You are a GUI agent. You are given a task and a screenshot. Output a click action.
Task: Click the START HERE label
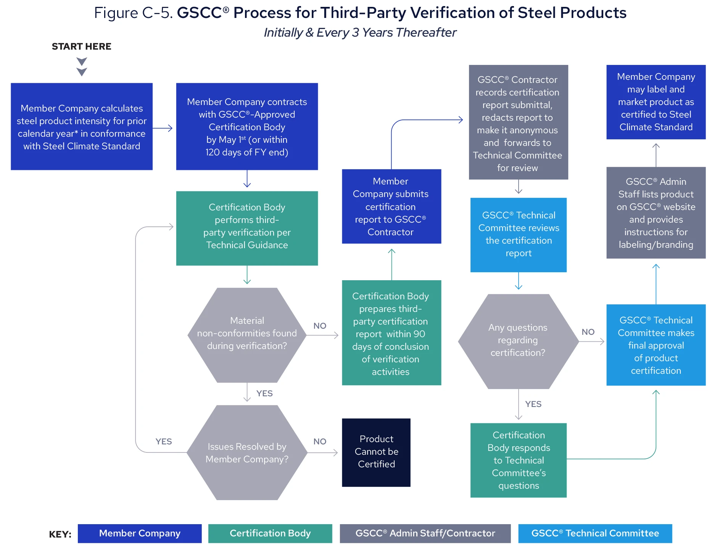click(x=81, y=47)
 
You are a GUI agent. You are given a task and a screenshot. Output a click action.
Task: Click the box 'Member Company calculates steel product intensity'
click(x=82, y=127)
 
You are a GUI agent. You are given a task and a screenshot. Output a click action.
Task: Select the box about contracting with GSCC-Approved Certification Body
click(x=247, y=127)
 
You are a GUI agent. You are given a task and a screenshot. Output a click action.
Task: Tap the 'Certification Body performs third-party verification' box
click(x=247, y=228)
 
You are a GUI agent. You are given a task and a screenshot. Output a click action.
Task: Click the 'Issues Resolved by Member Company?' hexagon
click(x=247, y=452)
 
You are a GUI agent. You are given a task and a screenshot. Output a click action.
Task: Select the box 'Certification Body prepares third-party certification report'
click(x=391, y=333)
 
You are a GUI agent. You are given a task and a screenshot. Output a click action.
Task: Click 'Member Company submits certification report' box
click(x=391, y=207)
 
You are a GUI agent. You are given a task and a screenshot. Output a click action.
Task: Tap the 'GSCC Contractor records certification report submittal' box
click(x=518, y=122)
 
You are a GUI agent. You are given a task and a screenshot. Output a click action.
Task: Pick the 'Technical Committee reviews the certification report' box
click(x=518, y=235)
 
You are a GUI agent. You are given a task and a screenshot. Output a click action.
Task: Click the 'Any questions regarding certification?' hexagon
click(x=518, y=341)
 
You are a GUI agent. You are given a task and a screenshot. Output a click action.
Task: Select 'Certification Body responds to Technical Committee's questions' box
click(x=518, y=460)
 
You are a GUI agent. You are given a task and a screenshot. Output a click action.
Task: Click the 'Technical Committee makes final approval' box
click(x=656, y=345)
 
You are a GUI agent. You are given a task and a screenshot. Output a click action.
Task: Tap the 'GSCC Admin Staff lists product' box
click(x=656, y=213)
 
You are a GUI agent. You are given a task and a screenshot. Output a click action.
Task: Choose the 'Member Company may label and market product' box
click(x=656, y=102)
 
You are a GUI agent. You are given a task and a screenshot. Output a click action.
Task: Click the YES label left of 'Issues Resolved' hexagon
click(x=164, y=442)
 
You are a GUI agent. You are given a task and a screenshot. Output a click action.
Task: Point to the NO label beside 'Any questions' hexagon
click(x=588, y=332)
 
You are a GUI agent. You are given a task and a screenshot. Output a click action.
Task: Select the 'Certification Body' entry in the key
click(x=270, y=533)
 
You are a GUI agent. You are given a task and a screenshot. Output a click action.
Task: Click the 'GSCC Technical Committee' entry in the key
click(x=595, y=533)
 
